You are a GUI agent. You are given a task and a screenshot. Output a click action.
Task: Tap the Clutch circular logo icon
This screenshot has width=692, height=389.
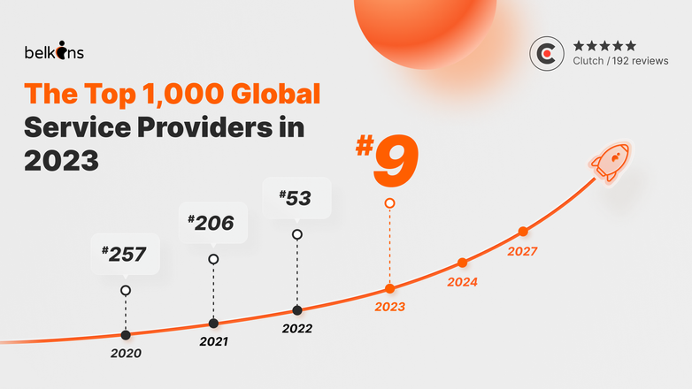tap(547, 53)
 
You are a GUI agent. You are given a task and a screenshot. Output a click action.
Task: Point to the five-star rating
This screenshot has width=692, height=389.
tap(604, 45)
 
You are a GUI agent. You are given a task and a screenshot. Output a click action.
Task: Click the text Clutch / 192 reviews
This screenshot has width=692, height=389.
tap(620, 61)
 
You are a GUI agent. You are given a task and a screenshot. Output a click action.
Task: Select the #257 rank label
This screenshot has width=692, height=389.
tap(124, 255)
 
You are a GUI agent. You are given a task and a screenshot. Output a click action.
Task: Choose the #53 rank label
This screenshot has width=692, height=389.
tap(296, 198)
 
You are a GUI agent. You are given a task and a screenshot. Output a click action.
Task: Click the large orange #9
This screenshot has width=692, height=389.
tap(387, 158)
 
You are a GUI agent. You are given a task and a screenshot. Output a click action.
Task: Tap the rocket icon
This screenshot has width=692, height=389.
tap(609, 162)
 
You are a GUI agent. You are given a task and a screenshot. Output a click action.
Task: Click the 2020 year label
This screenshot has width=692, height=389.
tap(126, 353)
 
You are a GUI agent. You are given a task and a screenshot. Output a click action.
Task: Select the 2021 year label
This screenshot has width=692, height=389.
tap(213, 341)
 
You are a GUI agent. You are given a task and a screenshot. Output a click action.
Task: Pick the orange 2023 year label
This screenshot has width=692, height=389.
tap(389, 307)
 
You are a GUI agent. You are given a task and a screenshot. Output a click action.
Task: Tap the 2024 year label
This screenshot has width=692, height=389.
tap(462, 283)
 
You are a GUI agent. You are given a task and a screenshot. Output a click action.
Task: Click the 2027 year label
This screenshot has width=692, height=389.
tap(522, 251)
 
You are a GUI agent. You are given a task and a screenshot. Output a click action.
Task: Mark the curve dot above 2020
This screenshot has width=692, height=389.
tap(126, 334)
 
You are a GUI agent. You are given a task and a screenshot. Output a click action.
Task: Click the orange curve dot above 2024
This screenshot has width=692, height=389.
tap(462, 263)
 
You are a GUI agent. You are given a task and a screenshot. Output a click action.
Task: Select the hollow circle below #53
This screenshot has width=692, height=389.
tap(297, 234)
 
